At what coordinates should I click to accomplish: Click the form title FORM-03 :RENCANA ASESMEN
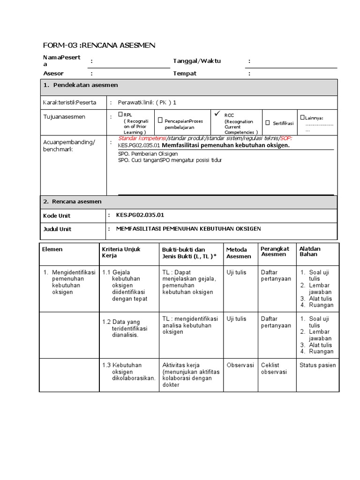98,45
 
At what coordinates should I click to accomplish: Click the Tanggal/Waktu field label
197,61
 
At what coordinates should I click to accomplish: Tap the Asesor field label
53,74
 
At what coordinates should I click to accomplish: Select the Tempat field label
185,74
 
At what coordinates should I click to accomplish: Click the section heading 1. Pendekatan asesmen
80,85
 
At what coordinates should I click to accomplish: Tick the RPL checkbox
120,114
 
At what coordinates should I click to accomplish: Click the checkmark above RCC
216,113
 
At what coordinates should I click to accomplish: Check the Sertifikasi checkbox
268,123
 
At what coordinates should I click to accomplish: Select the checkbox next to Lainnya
302,118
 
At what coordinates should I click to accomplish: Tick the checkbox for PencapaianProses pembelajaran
160,121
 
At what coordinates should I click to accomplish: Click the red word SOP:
286,139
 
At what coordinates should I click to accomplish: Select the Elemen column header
52,249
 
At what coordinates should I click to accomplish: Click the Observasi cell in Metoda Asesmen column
240,365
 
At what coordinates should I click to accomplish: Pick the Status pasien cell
317,365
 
